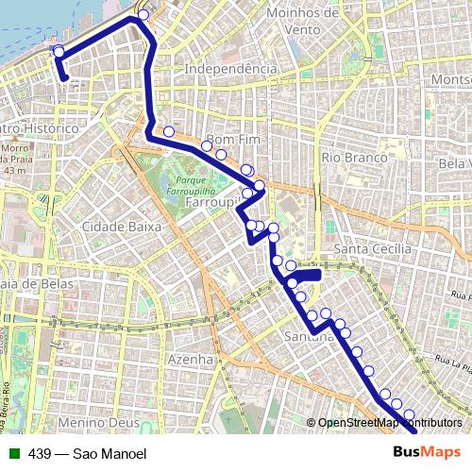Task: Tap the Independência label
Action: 231,69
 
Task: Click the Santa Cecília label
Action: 374,248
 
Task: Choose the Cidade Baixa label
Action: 122,227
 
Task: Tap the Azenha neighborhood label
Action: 189,360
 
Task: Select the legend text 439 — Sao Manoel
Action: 88,453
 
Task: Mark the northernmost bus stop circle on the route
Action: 143,15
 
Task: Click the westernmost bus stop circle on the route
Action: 59,51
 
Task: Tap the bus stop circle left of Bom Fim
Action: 169,132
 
